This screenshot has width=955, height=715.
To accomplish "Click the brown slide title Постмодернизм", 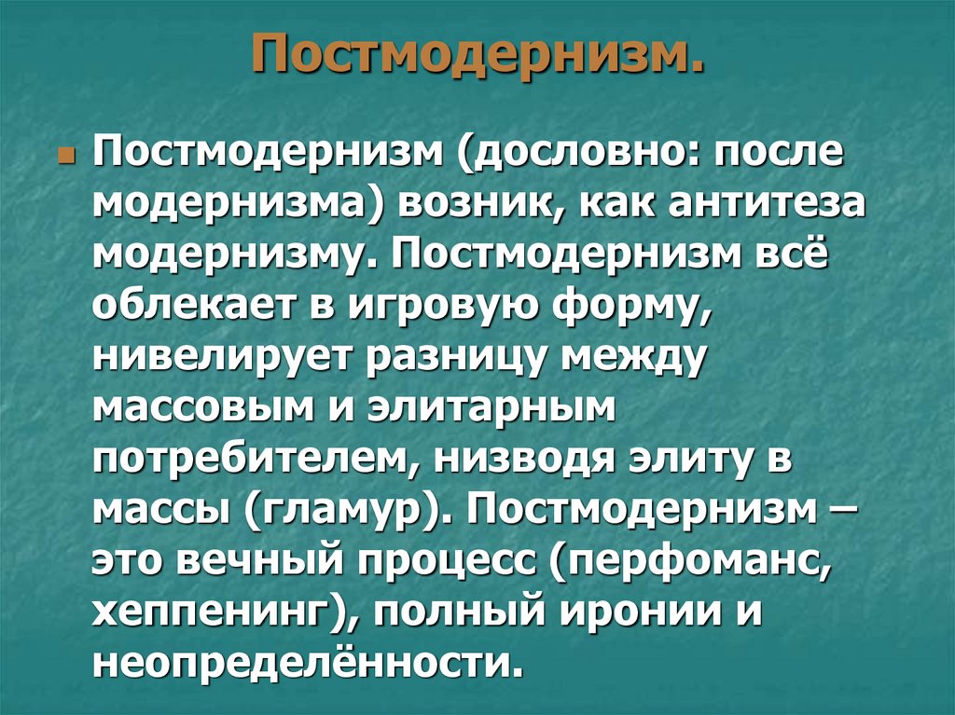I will pos(477,59).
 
